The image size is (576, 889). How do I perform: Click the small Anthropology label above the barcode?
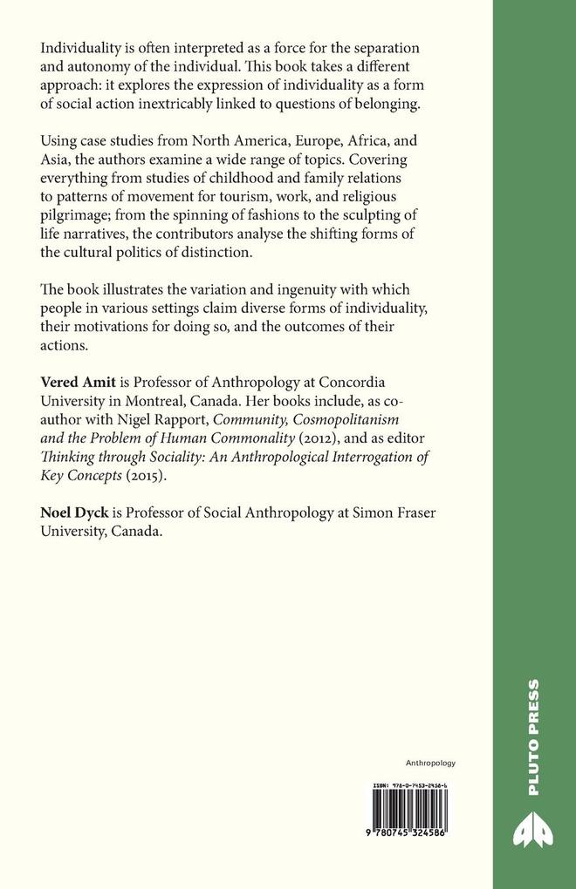pos(431,763)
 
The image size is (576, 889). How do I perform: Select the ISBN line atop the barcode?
pos(408,784)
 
